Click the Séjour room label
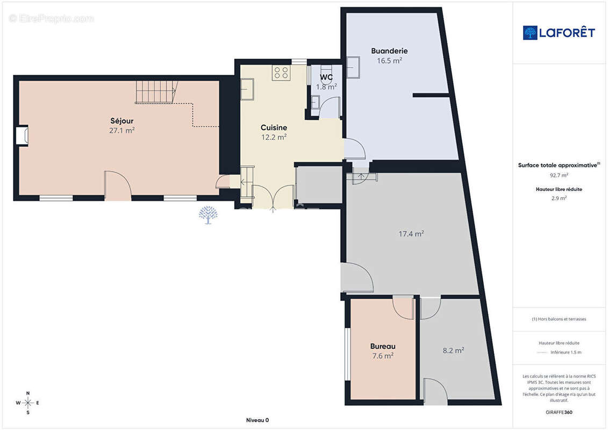point(121,120)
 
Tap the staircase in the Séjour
point(156,92)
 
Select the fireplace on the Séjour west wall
point(22,135)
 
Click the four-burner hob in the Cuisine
point(281,73)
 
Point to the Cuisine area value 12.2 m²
point(274,137)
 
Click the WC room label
point(326,77)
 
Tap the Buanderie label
point(389,51)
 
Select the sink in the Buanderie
point(353,68)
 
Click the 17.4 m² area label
point(411,234)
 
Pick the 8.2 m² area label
point(453,350)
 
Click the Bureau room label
point(383,346)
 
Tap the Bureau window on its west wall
point(347,354)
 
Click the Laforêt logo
point(559,33)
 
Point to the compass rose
point(27,403)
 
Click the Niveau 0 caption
point(257,420)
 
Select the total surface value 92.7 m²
point(559,175)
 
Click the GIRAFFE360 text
point(559,412)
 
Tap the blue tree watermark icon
point(208,215)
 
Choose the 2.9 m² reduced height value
point(559,198)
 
